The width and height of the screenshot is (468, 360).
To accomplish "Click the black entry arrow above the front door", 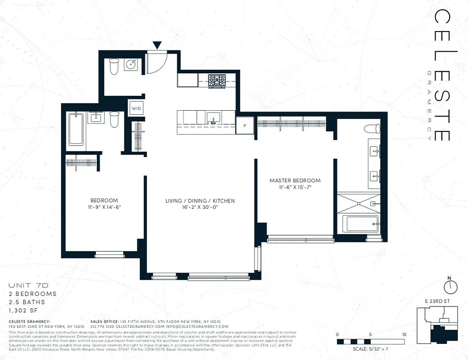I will [x=157, y=45].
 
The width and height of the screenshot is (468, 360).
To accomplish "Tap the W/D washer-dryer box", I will [x=136, y=108].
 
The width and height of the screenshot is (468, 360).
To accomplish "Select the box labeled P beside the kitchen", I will [x=245, y=125].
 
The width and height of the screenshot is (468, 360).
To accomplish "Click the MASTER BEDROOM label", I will [x=295, y=180].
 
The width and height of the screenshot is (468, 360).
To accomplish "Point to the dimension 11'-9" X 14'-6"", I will [x=104, y=207].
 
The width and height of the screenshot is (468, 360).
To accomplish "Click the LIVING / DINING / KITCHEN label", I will [x=200, y=201].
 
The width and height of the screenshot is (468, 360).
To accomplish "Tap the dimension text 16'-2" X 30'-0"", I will [x=200, y=207].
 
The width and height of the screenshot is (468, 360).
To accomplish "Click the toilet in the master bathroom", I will [x=371, y=129].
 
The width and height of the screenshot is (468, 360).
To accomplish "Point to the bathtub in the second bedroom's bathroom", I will [x=76, y=129].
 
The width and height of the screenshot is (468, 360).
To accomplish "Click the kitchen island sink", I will [x=213, y=117].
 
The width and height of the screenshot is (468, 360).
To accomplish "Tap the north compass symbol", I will [x=450, y=286].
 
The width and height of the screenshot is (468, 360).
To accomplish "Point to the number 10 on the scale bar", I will [x=404, y=334].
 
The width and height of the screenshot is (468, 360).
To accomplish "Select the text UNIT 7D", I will [x=28, y=286].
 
